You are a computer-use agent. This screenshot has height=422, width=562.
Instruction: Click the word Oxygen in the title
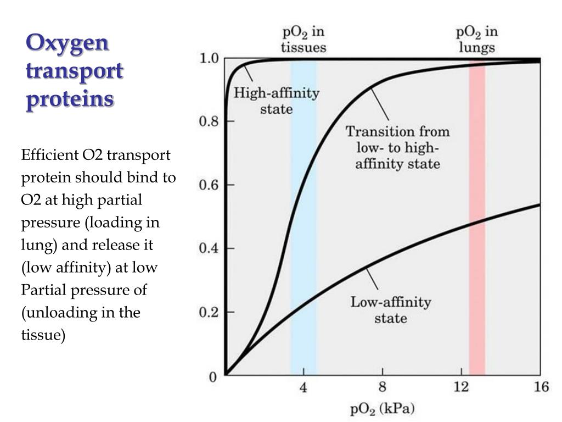click(68, 43)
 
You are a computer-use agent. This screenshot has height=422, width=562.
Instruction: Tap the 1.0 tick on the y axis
click(209, 58)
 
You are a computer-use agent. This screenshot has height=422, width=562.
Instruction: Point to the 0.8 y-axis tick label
click(209, 121)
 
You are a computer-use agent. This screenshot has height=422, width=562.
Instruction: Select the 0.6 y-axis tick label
click(209, 185)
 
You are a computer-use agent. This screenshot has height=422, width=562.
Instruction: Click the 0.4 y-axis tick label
click(209, 249)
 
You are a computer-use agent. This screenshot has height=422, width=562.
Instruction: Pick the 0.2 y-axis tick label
click(209, 313)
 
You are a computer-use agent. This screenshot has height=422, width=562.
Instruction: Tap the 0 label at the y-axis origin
click(212, 377)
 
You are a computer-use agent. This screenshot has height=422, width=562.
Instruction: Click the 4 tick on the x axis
click(303, 388)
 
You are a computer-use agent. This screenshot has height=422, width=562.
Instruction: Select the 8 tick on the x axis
click(383, 388)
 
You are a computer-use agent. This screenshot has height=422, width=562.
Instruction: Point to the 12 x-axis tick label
click(462, 388)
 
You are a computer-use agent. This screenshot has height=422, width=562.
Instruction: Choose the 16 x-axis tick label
click(541, 388)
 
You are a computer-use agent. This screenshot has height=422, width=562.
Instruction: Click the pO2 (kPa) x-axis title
click(383, 409)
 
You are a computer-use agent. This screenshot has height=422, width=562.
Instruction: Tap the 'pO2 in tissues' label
click(303, 40)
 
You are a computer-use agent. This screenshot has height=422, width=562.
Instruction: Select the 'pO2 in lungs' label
click(476, 40)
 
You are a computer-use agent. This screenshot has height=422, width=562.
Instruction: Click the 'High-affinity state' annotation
click(276, 101)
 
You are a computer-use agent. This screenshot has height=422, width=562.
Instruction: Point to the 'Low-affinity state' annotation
click(391, 310)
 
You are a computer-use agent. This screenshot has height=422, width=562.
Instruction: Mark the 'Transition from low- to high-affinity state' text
click(397, 148)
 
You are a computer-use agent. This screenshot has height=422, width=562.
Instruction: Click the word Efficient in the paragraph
click(50, 156)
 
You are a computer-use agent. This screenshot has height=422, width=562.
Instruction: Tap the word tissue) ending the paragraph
click(43, 335)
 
